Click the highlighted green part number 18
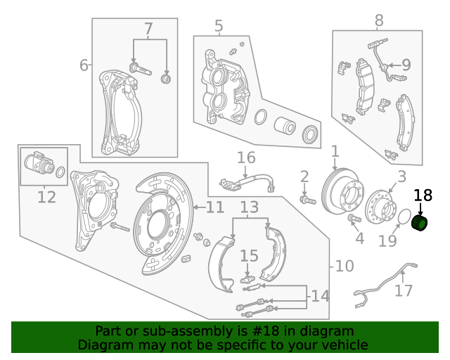point(420,224)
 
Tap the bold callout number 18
point(423,196)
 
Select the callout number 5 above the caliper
point(219,27)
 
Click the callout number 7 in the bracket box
point(148,30)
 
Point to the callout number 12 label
point(46,197)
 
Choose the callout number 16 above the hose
point(245,157)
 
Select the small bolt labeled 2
point(304,200)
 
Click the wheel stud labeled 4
point(354,219)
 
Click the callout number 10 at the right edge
point(345,266)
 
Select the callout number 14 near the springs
point(320,296)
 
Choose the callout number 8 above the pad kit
point(379,21)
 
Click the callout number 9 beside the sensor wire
point(406,65)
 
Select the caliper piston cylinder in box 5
point(285,125)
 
